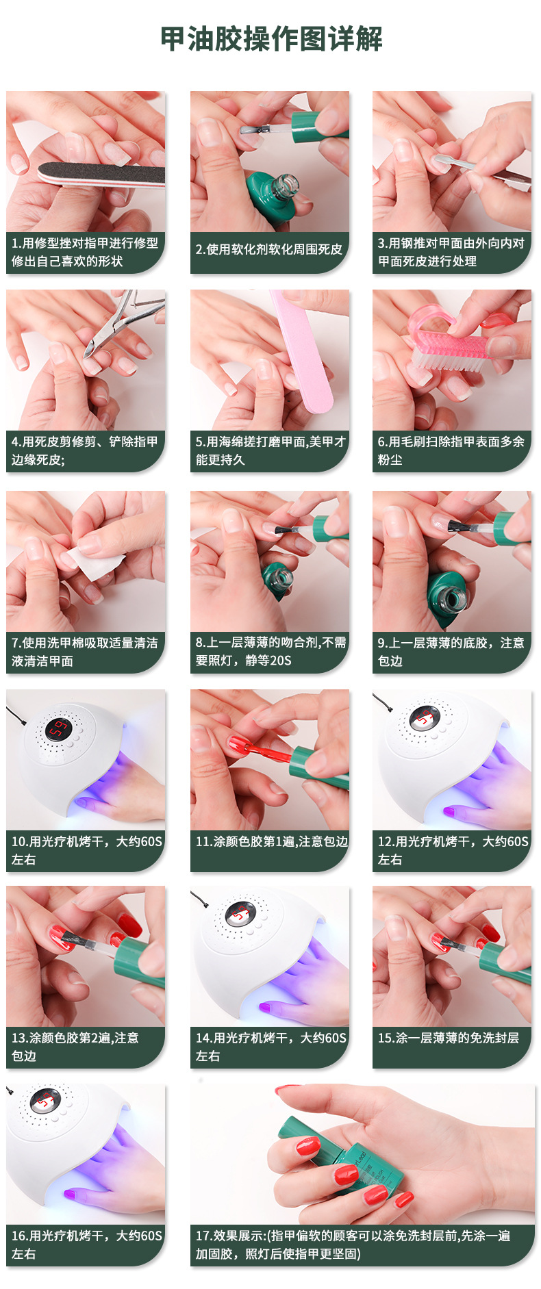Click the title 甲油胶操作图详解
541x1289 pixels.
pyautogui.click(x=271, y=39)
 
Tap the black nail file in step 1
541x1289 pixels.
pyautogui.click(x=103, y=174)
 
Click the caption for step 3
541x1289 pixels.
pyautogui.click(x=451, y=252)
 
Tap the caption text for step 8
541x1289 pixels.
pyautogui.click(x=270, y=651)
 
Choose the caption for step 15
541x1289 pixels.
pyautogui.click(x=449, y=1038)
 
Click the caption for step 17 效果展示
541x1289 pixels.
pyautogui.click(x=353, y=1245)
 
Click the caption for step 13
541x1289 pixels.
pyautogui.click(x=75, y=1047)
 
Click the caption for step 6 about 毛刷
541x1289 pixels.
pyautogui.click(x=451, y=450)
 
